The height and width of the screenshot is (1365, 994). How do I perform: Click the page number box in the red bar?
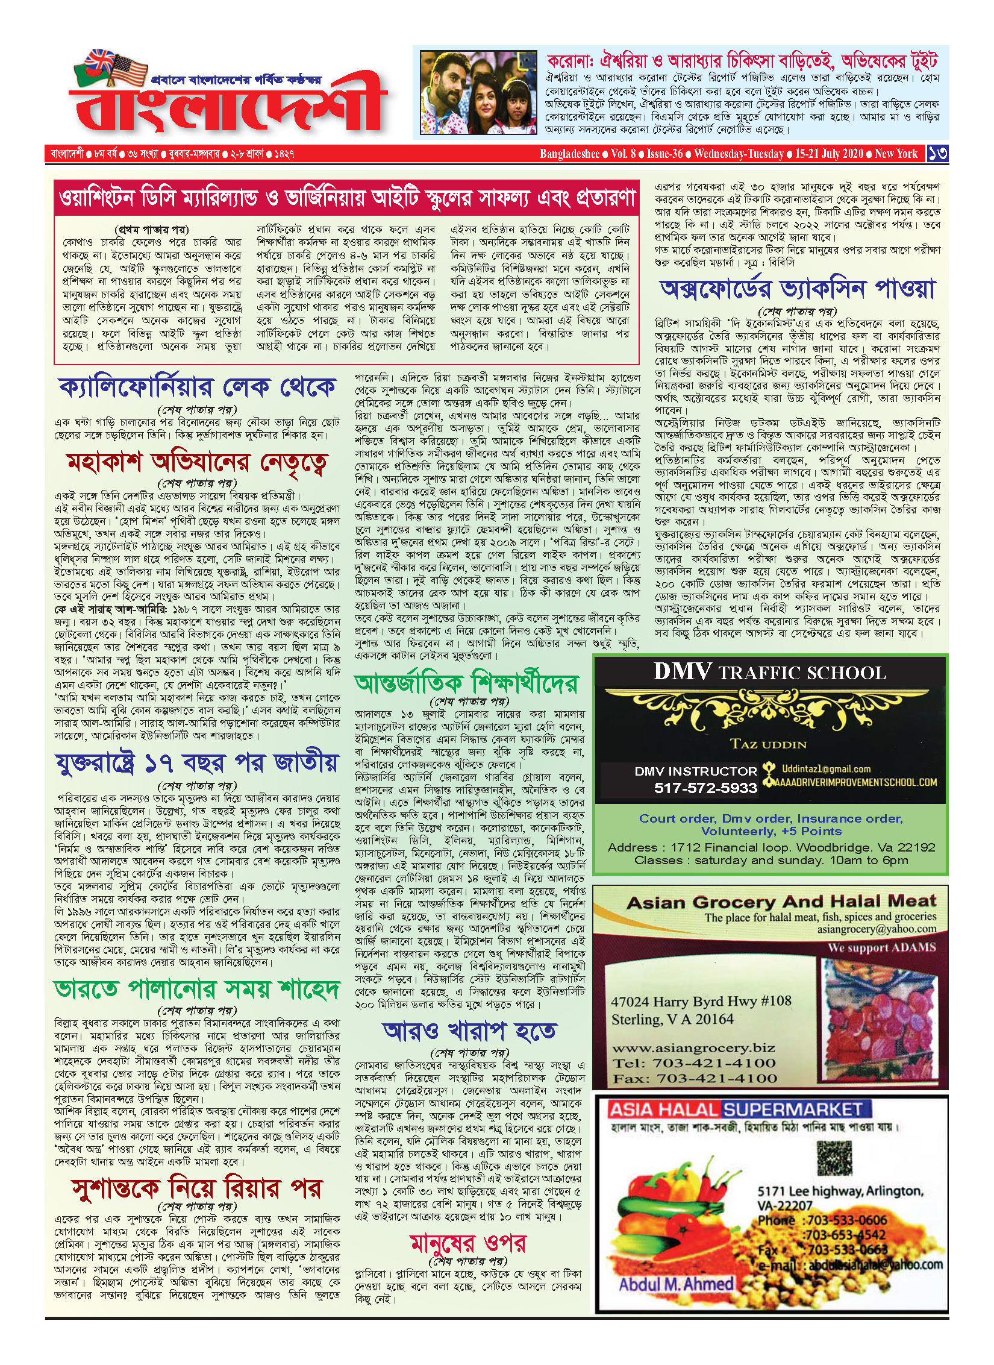937,154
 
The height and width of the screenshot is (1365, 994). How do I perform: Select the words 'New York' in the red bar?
896,154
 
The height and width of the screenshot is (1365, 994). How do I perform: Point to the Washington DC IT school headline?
346,197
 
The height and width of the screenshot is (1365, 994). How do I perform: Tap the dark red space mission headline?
197,462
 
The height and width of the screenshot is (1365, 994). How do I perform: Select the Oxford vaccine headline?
798,289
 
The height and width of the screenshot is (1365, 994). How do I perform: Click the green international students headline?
466,683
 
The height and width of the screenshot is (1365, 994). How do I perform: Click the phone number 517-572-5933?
705,788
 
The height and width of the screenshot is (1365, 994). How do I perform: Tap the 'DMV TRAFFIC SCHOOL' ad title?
770,672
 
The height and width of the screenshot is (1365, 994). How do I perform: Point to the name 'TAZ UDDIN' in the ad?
768,744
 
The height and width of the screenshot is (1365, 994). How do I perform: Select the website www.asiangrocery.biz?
693,1048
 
